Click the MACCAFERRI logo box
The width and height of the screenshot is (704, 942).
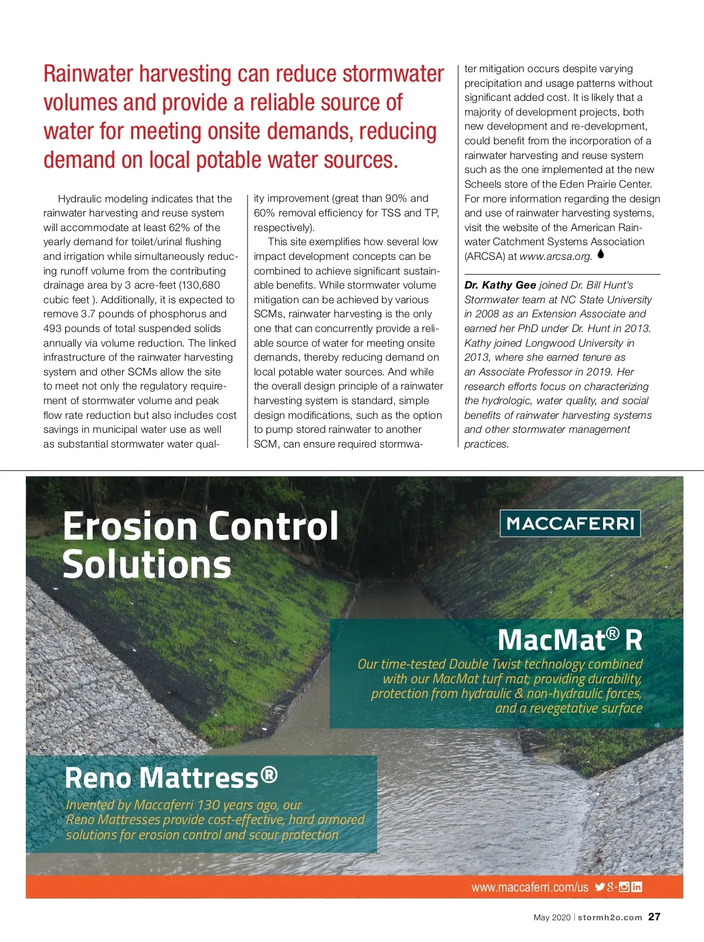(570, 523)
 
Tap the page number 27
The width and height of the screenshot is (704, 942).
(654, 917)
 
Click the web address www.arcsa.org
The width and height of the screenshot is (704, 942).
(556, 256)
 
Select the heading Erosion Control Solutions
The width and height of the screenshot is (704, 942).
(200, 544)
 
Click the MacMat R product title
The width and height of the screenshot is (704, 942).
(570, 639)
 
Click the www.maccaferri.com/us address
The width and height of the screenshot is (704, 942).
(529, 887)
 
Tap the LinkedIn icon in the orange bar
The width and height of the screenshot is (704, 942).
(637, 887)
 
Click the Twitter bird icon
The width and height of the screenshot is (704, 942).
(599, 887)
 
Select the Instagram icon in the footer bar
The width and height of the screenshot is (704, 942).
(624, 887)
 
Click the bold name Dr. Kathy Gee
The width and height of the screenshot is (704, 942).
(500, 285)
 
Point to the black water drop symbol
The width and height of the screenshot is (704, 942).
(601, 255)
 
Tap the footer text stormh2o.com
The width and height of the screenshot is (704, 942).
(610, 917)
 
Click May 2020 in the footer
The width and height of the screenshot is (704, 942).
(551, 917)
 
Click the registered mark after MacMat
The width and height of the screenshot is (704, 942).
(612, 633)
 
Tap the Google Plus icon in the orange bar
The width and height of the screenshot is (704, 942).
(612, 887)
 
